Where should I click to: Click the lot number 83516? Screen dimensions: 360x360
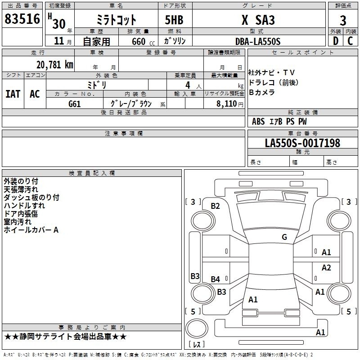coord(22,19)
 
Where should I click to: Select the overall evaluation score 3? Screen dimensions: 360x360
coord(343,20)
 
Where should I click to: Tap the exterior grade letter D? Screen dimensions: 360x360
coord(335,41)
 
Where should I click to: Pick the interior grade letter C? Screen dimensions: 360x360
coord(350,41)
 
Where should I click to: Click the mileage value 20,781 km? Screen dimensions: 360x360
coord(55,65)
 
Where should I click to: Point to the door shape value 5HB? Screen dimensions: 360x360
coord(174,20)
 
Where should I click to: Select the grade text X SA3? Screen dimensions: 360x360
coord(258,20)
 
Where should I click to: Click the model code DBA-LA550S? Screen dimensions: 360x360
coord(258,41)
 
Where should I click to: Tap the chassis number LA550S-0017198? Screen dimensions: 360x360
coord(302,143)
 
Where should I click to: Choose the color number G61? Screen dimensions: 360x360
coord(75,104)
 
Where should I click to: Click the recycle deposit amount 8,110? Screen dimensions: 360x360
coord(227,103)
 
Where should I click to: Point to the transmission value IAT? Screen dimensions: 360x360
coord(13,94)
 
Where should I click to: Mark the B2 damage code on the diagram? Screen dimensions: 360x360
coord(216,206)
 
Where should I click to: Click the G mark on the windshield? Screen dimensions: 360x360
coord(284,237)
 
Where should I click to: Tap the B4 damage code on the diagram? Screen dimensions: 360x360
coord(216,279)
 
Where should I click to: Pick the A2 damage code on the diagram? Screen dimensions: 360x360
coord(326,267)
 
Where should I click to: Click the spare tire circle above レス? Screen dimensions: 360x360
coord(197,328)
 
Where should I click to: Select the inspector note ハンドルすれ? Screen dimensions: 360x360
coord(24,206)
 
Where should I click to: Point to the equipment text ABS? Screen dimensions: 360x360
coord(258,121)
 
